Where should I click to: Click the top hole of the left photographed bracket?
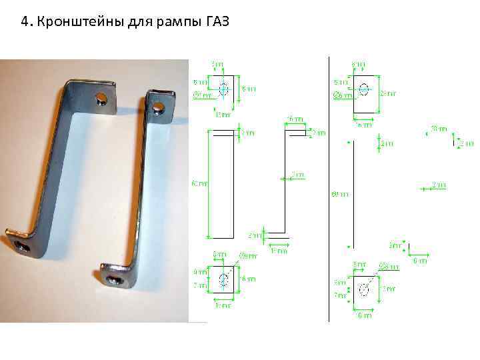click(x=101, y=99)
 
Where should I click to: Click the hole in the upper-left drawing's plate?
click(x=223, y=89)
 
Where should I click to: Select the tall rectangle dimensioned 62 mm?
click(x=223, y=183)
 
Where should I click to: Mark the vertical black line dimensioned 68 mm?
click(x=351, y=193)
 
